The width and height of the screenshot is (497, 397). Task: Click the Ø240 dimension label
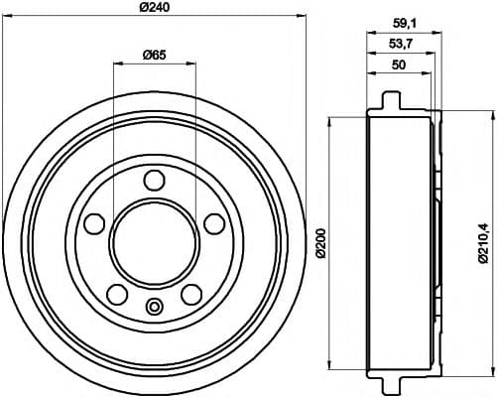pyautogui.click(x=154, y=7)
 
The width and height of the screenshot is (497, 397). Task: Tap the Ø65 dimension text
pyautogui.click(x=153, y=54)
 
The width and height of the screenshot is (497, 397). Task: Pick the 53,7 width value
pyautogui.click(x=400, y=45)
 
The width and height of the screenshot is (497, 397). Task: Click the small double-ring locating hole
pyautogui.click(x=154, y=305)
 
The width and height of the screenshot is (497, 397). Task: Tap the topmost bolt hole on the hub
pyautogui.click(x=154, y=180)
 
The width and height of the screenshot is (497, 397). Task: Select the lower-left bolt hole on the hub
pyautogui.click(x=116, y=293)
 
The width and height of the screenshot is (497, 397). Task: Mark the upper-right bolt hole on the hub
pyautogui.click(x=213, y=222)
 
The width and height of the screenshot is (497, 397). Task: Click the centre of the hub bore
pyautogui.click(x=154, y=243)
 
